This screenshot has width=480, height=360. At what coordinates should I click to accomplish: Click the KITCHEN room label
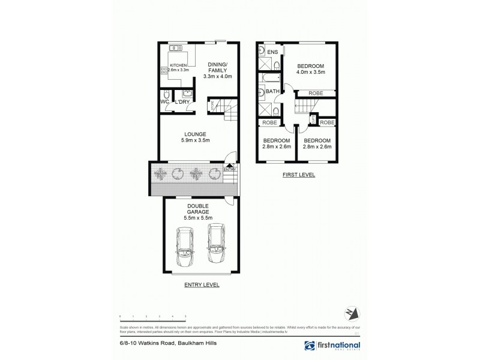point(178,65)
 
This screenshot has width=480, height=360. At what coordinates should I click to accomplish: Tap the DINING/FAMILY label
point(217,68)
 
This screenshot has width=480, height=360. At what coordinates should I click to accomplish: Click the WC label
point(164,102)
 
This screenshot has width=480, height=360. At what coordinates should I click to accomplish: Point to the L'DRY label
point(184,102)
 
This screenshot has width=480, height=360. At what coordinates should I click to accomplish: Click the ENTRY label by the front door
point(230,170)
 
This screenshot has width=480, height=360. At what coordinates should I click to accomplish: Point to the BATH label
point(272,92)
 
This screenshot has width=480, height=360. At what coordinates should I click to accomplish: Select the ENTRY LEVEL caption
point(202,286)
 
